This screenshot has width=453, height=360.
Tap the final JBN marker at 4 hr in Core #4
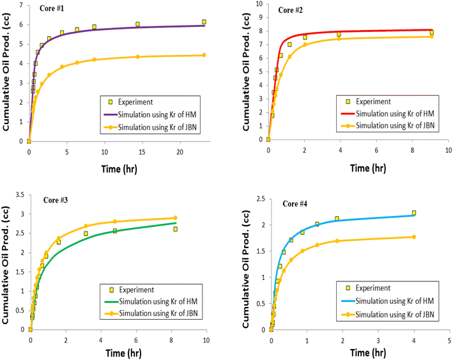tap(414, 237)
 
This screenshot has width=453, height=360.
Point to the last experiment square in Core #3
tap(175, 229)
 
